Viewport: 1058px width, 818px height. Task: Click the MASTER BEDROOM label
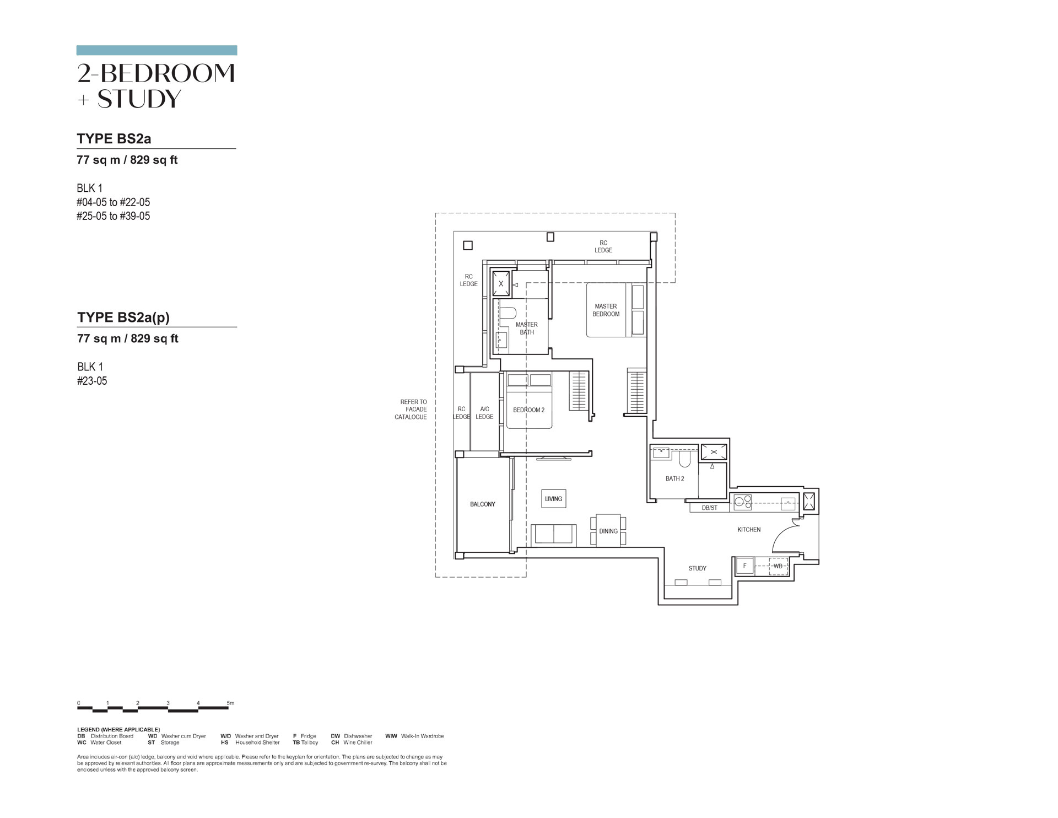click(x=606, y=310)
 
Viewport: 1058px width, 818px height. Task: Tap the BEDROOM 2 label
click(x=528, y=410)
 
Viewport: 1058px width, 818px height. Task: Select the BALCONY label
click(x=482, y=504)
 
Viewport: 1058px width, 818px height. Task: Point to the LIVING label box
click(x=554, y=499)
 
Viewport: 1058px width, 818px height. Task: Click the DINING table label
click(x=608, y=531)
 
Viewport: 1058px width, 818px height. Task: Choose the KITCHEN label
click(x=749, y=530)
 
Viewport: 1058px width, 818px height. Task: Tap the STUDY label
click(x=697, y=568)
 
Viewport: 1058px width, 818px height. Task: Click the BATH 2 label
click(x=674, y=478)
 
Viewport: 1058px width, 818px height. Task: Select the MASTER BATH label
click(x=527, y=329)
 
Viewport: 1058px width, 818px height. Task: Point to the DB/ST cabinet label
click(x=710, y=508)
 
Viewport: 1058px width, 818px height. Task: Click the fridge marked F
click(x=745, y=566)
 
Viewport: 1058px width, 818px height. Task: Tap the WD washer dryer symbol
click(x=778, y=566)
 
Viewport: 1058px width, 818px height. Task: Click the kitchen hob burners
click(x=742, y=501)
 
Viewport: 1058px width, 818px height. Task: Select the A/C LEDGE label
click(x=484, y=413)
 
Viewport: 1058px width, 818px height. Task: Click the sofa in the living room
click(x=554, y=535)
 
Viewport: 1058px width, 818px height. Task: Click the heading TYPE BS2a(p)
click(x=123, y=317)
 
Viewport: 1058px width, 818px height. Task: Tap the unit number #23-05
click(x=92, y=381)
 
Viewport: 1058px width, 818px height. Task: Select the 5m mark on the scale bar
click(x=230, y=703)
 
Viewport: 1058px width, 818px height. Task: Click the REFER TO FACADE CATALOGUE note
click(x=411, y=410)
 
